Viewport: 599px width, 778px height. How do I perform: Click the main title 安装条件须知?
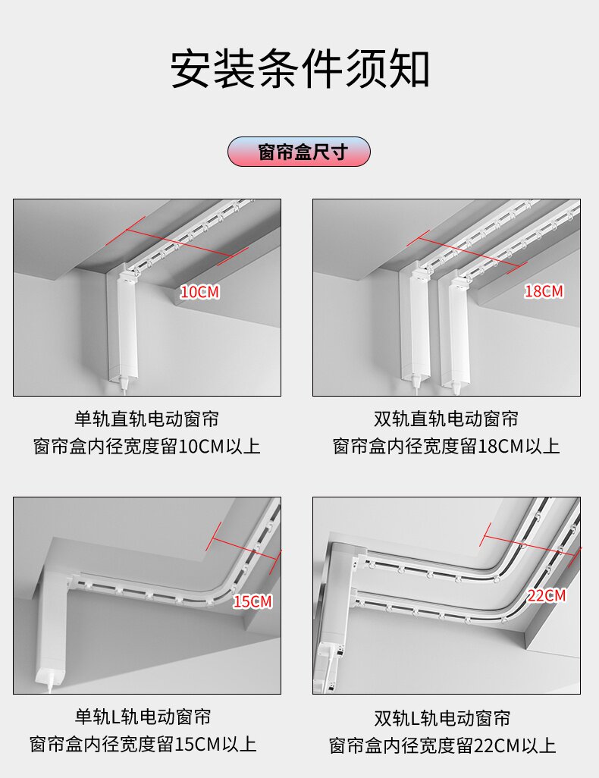(x=299, y=68)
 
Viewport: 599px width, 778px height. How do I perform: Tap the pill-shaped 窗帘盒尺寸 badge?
(x=299, y=152)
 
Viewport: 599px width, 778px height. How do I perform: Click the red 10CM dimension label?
(x=199, y=292)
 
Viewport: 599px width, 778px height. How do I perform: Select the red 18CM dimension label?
(x=544, y=290)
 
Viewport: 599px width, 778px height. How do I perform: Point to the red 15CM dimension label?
(x=252, y=601)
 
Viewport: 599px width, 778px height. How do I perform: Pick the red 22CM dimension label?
(x=547, y=595)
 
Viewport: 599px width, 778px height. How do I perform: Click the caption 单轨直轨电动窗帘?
(x=147, y=419)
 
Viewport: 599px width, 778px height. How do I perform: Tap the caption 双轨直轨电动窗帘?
(x=446, y=419)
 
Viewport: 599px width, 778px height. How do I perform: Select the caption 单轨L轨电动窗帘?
(x=143, y=717)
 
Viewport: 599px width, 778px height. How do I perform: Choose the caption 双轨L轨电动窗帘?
(x=442, y=718)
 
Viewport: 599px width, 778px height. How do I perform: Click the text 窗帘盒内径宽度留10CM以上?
(x=147, y=447)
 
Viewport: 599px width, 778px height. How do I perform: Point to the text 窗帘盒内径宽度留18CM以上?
(x=446, y=447)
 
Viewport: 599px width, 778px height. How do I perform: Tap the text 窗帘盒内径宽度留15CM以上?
(x=143, y=745)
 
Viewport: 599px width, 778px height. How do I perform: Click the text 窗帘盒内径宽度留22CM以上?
(x=442, y=745)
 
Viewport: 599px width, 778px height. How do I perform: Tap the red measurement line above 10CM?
(x=177, y=243)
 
